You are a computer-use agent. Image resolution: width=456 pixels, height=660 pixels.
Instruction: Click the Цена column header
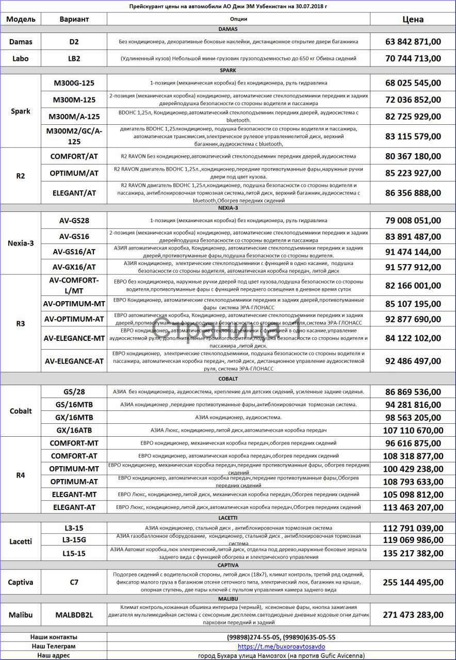413,19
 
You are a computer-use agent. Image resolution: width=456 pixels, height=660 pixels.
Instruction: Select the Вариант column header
74,19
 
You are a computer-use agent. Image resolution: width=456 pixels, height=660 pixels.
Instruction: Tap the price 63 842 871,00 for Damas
413,42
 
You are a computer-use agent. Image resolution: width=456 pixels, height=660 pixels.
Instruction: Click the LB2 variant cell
74,58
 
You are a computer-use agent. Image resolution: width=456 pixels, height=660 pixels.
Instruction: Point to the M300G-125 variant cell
74,82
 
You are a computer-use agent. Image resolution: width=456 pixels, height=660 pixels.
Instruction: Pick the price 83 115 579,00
413,137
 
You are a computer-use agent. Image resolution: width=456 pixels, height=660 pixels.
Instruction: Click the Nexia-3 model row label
21,243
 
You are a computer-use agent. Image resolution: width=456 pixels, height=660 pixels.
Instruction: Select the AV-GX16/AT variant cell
74,267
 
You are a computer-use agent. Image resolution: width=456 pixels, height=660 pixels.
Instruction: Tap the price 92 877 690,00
413,319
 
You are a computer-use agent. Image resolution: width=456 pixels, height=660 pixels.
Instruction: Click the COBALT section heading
227,378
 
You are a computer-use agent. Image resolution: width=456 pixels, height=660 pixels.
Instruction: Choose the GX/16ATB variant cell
74,430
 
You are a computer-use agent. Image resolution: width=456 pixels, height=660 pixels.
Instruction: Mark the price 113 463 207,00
413,507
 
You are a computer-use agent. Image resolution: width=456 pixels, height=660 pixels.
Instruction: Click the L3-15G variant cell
74,540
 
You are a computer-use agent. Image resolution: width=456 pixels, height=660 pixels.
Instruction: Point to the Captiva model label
21,582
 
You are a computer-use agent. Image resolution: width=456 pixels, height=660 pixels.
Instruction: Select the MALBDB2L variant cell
74,615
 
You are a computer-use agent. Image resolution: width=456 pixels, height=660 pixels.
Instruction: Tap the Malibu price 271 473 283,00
413,615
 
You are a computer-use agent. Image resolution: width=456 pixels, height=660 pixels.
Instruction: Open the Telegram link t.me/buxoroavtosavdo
281,646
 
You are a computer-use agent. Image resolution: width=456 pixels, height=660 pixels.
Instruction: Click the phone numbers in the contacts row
281,637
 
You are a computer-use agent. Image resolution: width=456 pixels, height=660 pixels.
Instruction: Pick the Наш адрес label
53,655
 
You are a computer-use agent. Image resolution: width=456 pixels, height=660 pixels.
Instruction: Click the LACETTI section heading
227,517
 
